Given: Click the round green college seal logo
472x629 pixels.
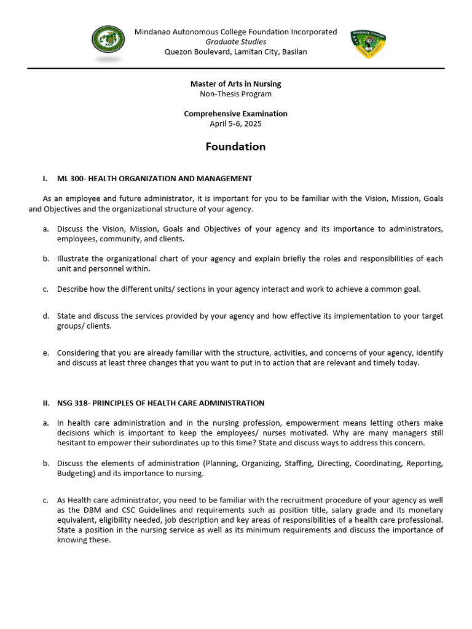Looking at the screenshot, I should (x=108, y=42).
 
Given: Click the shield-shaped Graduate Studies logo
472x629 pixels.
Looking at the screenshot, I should (x=368, y=44).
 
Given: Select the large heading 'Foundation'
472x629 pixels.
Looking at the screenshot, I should (x=236, y=147).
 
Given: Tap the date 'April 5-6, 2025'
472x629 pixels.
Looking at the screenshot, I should (x=236, y=123).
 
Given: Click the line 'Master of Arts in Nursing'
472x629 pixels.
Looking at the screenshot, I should (x=236, y=84).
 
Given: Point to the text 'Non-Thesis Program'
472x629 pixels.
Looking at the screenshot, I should (x=236, y=94).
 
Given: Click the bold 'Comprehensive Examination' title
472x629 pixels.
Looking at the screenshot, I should (x=236, y=114).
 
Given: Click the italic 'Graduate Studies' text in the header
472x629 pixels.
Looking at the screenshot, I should (x=236, y=42).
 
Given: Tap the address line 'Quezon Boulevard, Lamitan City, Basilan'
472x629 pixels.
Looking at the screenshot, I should (x=236, y=52).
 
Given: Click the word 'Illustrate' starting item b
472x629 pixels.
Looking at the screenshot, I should (x=74, y=259).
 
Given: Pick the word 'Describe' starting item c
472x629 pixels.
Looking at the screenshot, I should (x=73, y=289).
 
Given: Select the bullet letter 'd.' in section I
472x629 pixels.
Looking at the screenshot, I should (x=46, y=316).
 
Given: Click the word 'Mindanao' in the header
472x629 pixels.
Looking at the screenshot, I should (x=153, y=32).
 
